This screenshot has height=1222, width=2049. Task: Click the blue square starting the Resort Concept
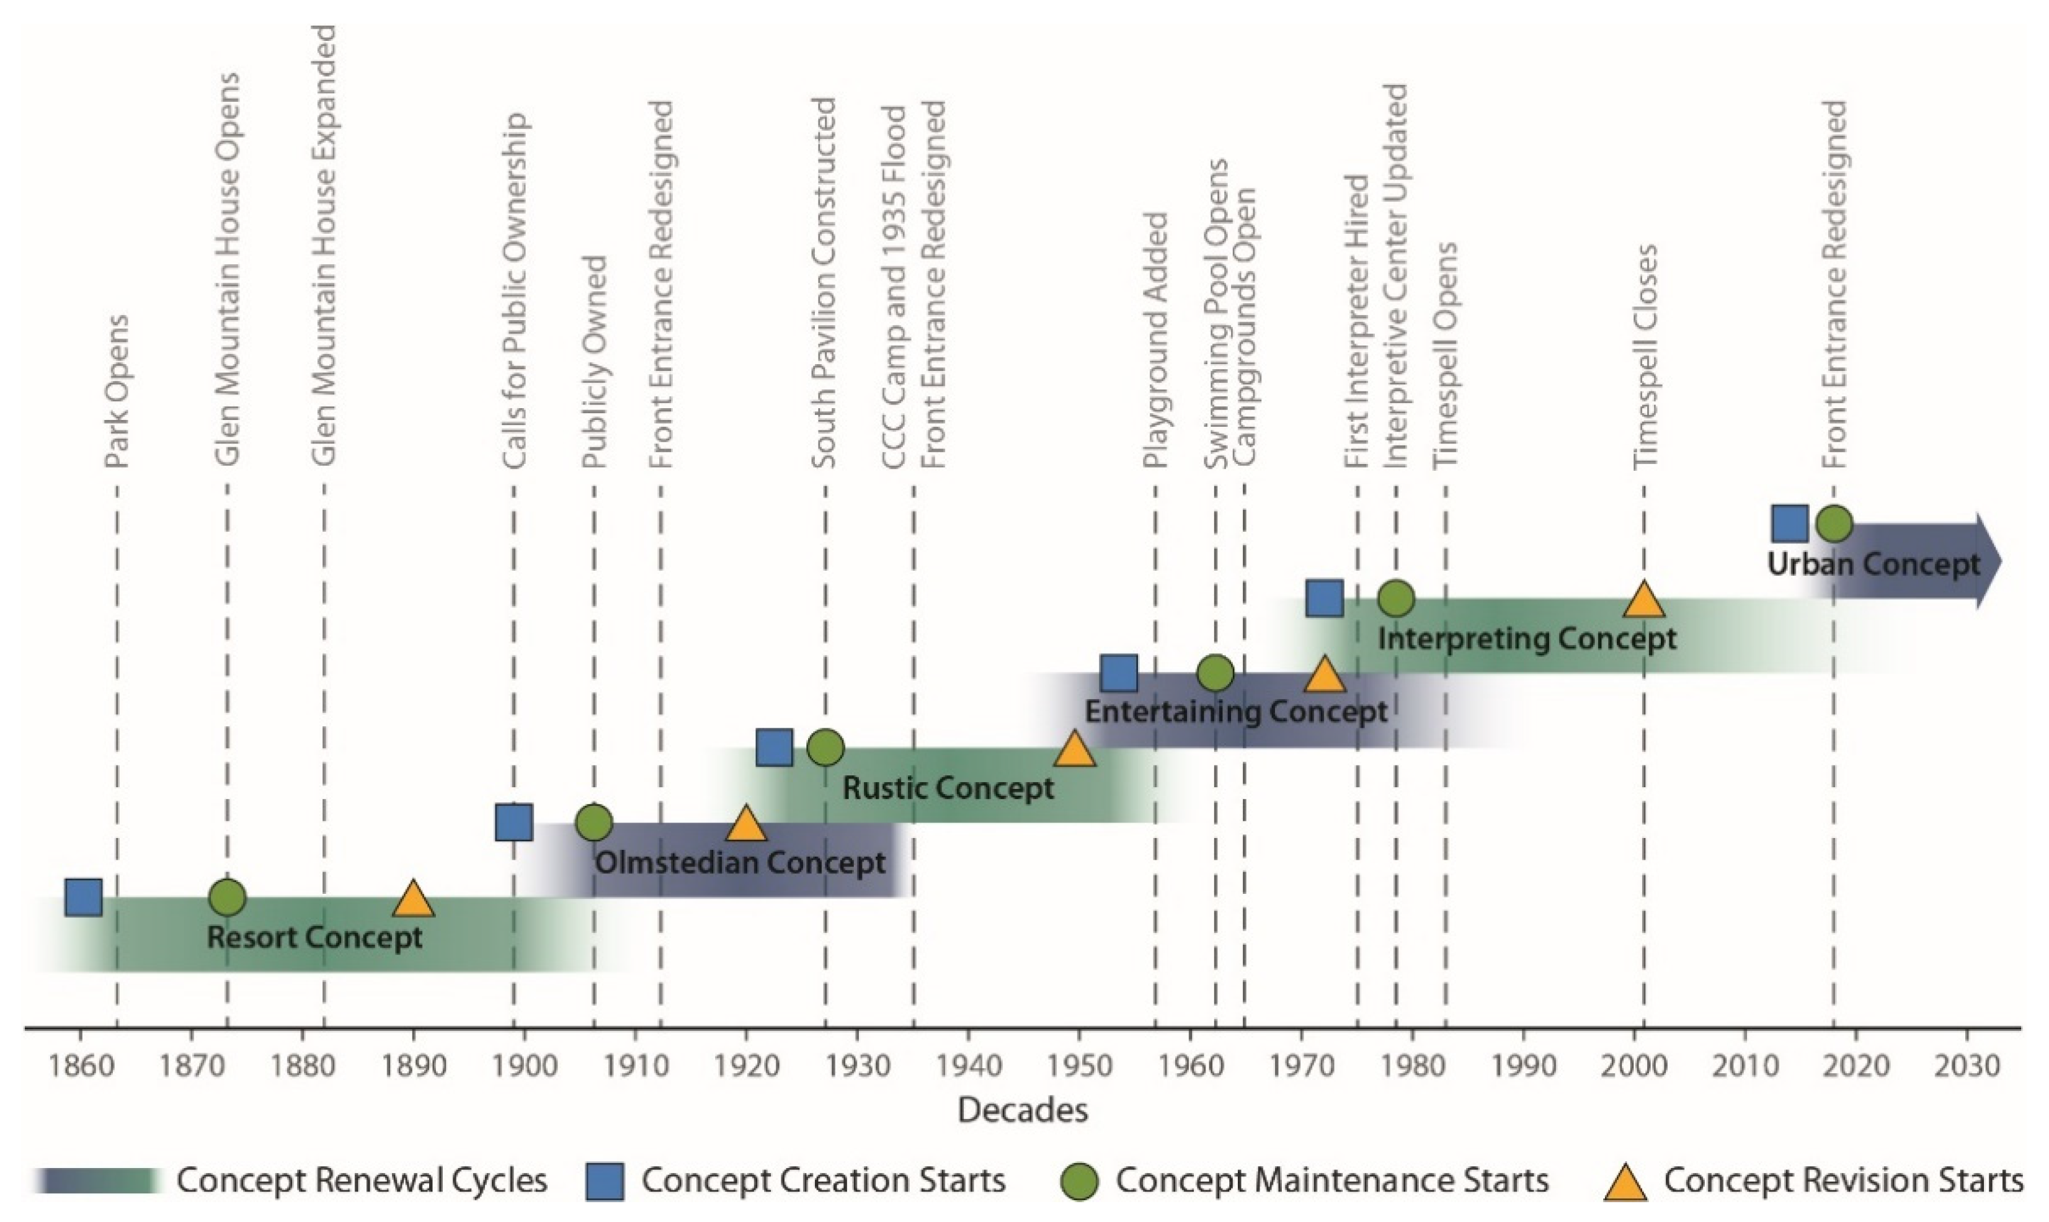tap(83, 897)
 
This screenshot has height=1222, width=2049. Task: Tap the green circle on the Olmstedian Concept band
tap(594, 822)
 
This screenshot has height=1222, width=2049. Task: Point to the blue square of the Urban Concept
tap(1790, 524)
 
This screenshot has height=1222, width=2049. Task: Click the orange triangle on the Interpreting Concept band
tap(1644, 599)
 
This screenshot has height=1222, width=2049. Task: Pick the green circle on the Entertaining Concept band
tap(1216, 673)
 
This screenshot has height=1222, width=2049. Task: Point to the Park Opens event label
tap(117, 392)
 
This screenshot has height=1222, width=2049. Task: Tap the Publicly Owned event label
tap(594, 362)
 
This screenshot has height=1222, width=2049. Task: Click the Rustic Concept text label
tap(948, 788)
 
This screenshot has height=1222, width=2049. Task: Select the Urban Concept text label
tap(1873, 564)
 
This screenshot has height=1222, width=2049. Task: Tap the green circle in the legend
tap(1079, 1182)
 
